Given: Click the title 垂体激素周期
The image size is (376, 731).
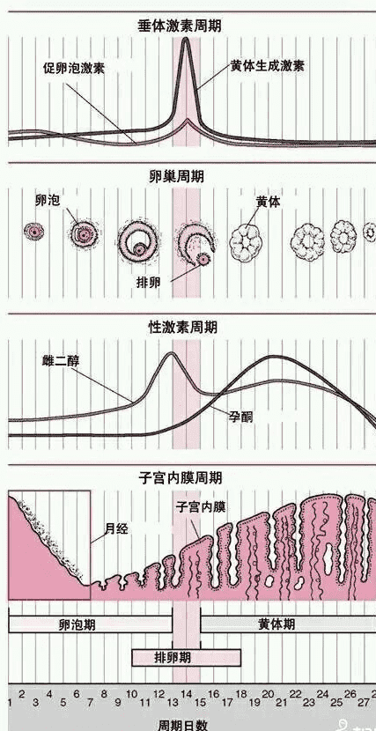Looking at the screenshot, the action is point(180,26).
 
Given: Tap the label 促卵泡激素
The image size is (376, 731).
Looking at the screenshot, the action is point(74,69).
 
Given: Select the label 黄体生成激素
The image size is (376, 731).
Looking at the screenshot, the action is point(267,66).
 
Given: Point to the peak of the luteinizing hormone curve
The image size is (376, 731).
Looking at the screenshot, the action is point(186,39).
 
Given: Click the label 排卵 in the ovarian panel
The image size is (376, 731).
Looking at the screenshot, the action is point(149,282).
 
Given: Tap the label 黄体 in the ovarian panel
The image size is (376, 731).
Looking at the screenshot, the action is point(269,202).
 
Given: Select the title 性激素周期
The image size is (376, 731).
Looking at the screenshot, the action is point(182,327).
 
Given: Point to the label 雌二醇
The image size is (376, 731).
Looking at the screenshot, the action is point(60,361).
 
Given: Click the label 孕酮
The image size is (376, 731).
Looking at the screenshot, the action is point(240,417).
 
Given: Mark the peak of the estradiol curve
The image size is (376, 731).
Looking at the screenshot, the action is point(172,353).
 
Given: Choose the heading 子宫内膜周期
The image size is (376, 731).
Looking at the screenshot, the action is point(181,477).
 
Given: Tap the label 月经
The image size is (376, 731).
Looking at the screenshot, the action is point(116,529).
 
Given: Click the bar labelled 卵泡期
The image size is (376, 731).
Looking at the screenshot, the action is point(91,624).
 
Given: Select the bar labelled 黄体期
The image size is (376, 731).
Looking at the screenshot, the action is point(288,624).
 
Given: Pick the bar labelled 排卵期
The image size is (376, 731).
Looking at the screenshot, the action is point(187,658).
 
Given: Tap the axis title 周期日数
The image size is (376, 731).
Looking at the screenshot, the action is point(182,724).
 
